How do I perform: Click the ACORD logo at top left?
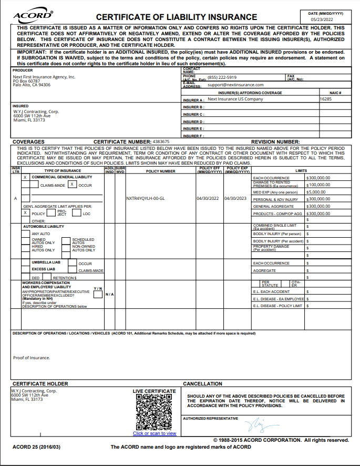(32, 16)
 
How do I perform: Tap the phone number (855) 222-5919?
(222, 77)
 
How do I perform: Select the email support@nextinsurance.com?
(235, 85)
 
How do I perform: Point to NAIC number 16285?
(326, 99)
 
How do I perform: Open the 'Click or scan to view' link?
(155, 434)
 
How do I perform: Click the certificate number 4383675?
(160, 142)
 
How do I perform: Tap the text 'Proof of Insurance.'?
(32, 358)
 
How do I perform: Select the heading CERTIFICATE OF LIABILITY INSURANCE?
(177, 17)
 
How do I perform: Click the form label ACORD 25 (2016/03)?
(37, 447)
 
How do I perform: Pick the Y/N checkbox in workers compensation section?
(98, 295)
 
